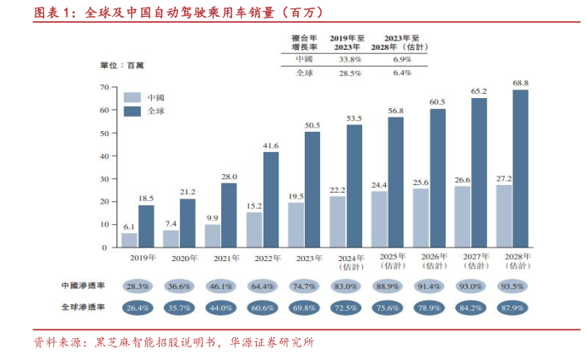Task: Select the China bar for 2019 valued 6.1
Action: (129, 240)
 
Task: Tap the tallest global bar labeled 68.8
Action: (520, 168)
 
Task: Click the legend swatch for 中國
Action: (132, 97)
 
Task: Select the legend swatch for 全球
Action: (132, 111)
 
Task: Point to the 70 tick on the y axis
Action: (103, 87)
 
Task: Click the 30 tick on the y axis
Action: (103, 179)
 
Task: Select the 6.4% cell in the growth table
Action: (402, 74)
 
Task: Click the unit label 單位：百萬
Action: (122, 65)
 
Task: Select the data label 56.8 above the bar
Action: (395, 111)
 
